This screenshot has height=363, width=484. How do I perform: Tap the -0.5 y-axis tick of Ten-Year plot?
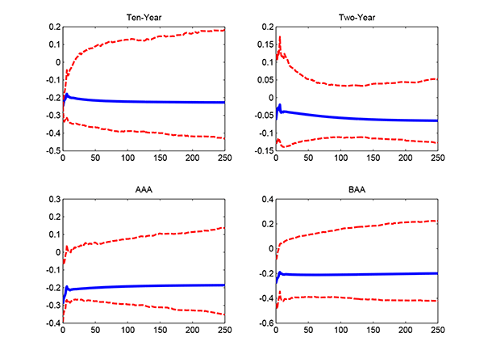[52, 151]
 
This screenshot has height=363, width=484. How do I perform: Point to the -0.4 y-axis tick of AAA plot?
[52, 323]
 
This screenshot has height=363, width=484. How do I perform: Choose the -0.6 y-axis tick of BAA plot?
[265, 323]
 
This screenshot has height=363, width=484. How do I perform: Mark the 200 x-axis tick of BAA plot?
[406, 331]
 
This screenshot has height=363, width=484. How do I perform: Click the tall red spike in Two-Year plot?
[280, 37]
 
